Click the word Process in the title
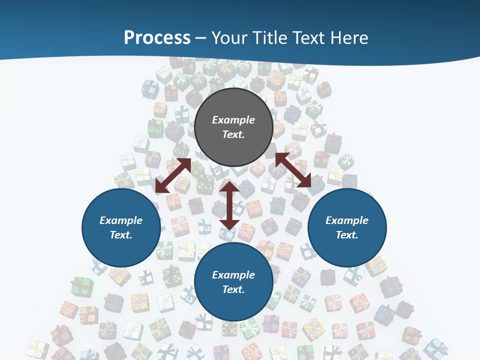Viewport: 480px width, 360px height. [157, 38]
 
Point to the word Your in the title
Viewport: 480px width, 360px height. [231, 38]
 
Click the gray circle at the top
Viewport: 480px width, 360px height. [233, 127]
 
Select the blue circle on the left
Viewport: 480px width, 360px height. [121, 228]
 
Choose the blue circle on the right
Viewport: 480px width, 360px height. [347, 228]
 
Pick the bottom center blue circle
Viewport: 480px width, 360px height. [233, 282]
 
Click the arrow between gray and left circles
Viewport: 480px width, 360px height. [173, 175]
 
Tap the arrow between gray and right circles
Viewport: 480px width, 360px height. [293, 170]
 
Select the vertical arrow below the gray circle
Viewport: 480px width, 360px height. [229, 205]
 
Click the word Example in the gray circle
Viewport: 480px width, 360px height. [233, 120]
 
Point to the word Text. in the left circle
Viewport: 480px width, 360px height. [121, 235]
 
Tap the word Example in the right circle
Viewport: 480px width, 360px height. [347, 220]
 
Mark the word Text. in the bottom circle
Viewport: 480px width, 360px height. [233, 289]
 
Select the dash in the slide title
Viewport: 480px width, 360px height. [200, 38]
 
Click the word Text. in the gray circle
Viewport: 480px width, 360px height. [233, 134]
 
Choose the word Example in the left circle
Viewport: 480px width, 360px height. [121, 220]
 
